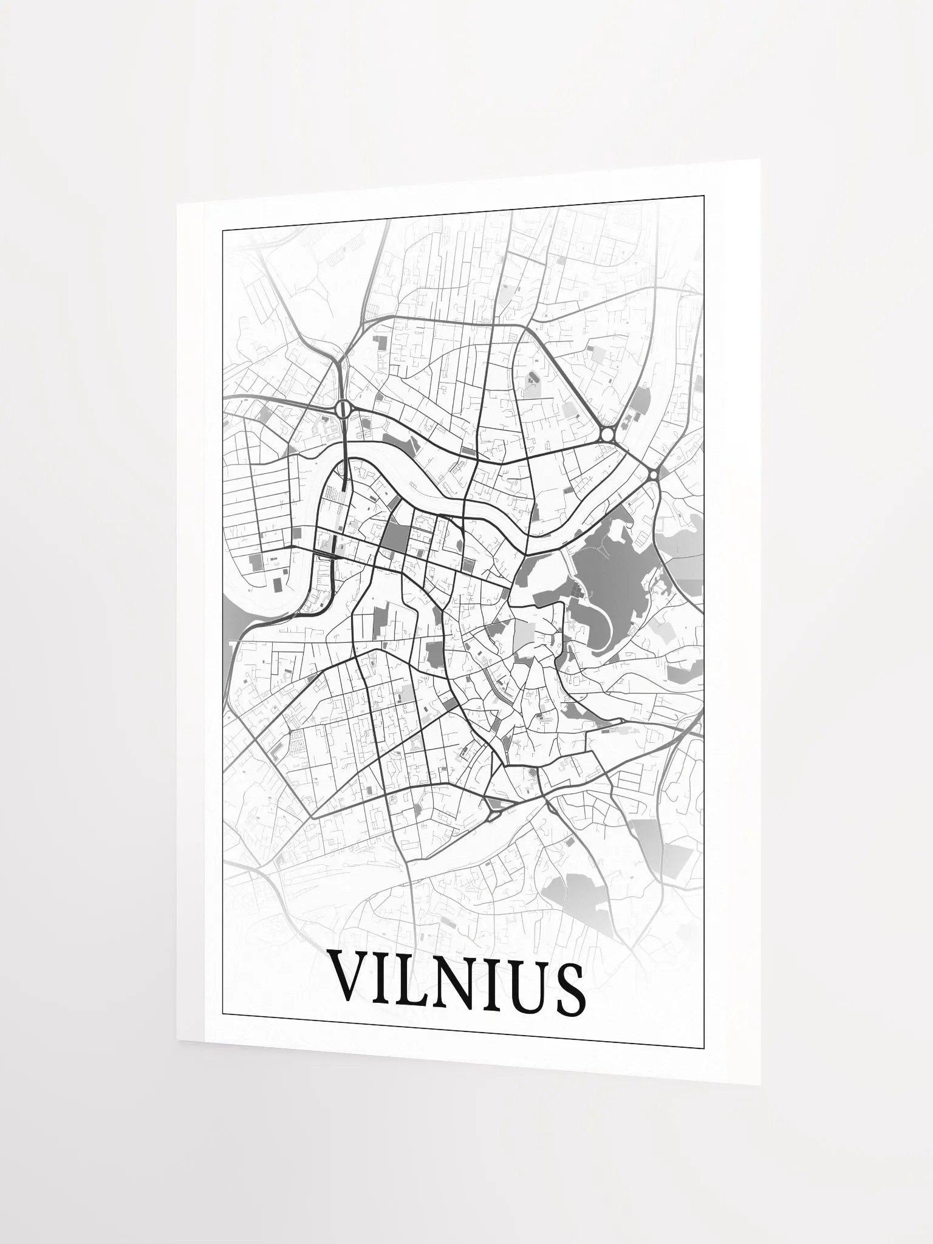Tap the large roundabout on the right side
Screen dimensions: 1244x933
click(608, 435)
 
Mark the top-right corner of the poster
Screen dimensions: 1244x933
click(760, 159)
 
